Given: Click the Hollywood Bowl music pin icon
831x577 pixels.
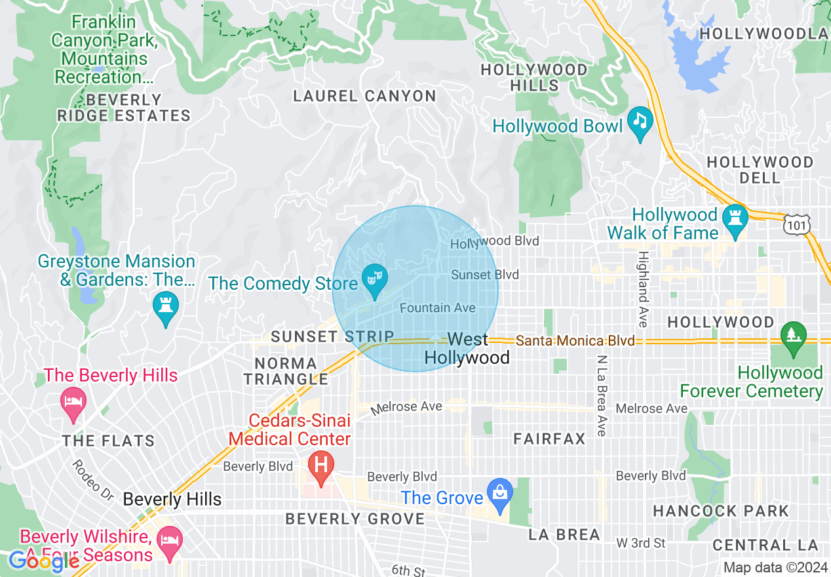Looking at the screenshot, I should click(x=640, y=121).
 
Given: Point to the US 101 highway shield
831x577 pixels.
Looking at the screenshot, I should click(x=796, y=225).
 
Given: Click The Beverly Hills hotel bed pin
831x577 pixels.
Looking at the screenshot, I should click(x=72, y=400).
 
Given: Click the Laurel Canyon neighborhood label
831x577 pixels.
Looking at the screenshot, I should click(x=364, y=96).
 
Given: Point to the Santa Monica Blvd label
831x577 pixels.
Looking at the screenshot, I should click(x=575, y=341).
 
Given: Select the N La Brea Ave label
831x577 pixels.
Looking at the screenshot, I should click(x=601, y=396).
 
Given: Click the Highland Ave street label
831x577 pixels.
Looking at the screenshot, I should click(x=644, y=289).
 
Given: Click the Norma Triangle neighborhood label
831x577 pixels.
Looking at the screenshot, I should click(x=286, y=371).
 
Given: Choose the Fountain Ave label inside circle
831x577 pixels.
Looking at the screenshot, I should click(x=437, y=308).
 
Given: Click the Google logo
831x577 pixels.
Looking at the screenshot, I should click(x=44, y=561).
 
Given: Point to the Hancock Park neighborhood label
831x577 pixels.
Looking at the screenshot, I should click(x=721, y=511).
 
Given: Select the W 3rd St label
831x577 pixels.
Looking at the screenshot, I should click(x=640, y=543).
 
